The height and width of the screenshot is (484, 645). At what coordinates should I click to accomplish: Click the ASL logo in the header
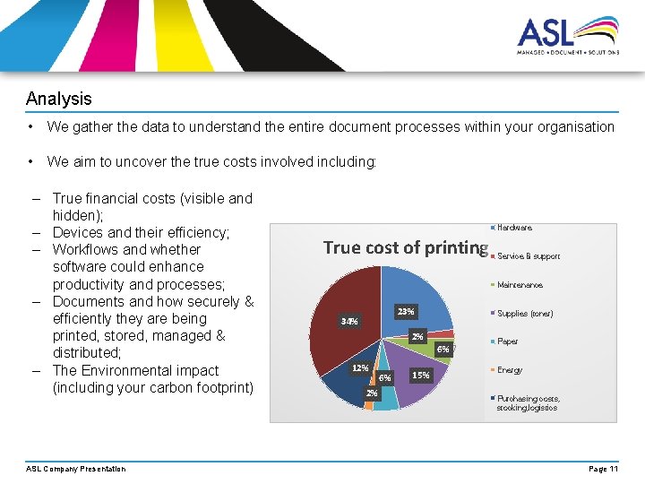[x=567, y=37]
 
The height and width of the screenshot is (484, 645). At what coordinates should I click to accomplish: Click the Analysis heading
[x=58, y=99]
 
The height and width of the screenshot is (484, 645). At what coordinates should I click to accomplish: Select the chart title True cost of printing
[x=405, y=247]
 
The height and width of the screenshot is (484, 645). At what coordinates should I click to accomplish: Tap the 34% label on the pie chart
[x=349, y=321]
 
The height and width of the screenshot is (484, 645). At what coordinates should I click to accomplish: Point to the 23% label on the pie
[x=405, y=312]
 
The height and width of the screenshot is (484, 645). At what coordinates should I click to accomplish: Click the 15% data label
[x=420, y=375]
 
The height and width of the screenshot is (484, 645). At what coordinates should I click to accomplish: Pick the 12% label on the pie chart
[x=359, y=367]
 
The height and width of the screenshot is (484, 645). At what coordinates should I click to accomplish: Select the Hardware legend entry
[x=514, y=228]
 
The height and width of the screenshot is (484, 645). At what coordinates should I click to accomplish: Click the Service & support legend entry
[x=528, y=256]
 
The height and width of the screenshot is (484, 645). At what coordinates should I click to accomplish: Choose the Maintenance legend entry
[x=520, y=285]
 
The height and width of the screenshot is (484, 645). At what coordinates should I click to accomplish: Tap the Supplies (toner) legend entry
[x=525, y=314]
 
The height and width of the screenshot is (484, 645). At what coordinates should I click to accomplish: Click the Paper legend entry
[x=507, y=341]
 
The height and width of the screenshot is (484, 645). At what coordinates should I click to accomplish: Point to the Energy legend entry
[x=509, y=370]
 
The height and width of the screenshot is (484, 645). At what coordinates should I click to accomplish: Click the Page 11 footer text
[x=603, y=469]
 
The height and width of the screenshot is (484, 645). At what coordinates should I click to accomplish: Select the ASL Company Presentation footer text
[x=76, y=469]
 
